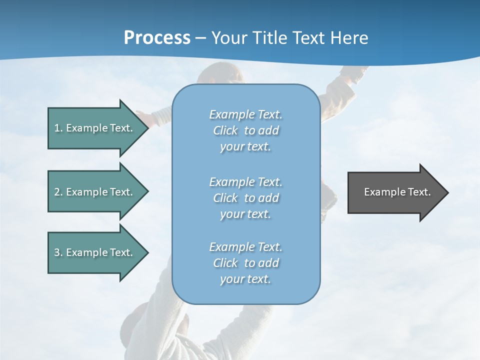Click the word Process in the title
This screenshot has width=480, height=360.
[157, 38]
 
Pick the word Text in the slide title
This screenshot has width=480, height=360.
[308, 38]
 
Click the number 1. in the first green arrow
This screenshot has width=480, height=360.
[58, 128]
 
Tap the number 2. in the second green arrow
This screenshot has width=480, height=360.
[58, 192]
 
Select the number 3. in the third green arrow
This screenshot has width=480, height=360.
[58, 252]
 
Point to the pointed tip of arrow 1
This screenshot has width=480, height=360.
[147, 128]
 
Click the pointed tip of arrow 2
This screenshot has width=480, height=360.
[147, 191]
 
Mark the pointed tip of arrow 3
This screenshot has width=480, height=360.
[147, 252]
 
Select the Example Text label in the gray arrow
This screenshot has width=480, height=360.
[397, 192]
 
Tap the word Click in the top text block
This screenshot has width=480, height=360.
[225, 130]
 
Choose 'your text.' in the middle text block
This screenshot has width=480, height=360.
[245, 214]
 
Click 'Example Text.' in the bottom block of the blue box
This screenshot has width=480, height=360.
[245, 247]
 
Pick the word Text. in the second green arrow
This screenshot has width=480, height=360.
[121, 192]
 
